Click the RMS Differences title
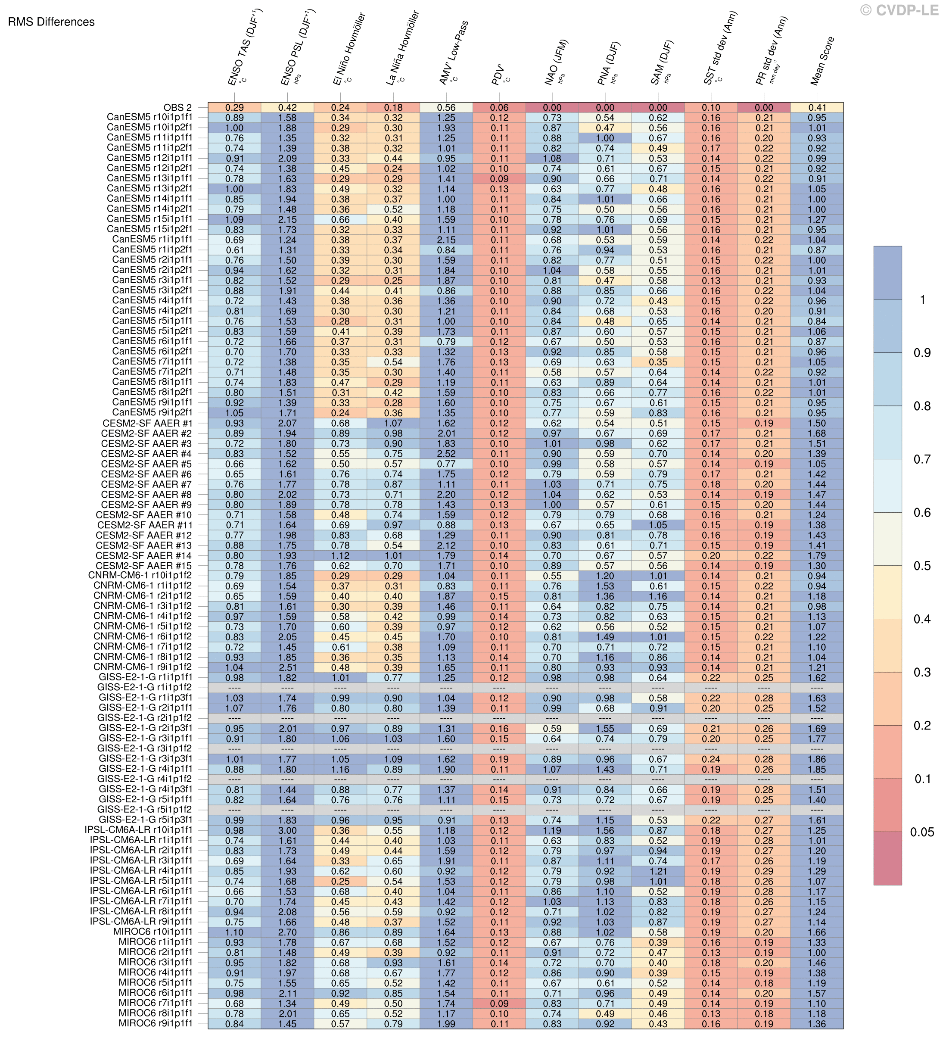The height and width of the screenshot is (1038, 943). [51, 22]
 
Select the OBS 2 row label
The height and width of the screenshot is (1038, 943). [177, 108]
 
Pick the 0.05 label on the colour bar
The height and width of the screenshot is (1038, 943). [922, 832]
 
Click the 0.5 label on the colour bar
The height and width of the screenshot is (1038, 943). [921, 566]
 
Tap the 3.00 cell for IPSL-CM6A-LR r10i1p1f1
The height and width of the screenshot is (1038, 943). [287, 830]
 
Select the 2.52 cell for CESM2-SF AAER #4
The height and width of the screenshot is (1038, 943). [446, 454]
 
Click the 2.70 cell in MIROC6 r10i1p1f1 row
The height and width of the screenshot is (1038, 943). [287, 932]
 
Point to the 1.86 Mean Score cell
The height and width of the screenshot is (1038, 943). [817, 759]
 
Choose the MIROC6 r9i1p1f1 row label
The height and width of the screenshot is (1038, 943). [156, 1024]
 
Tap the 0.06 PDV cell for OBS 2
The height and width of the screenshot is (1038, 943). [499, 108]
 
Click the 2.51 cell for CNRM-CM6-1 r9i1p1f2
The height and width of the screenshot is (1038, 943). [287, 667]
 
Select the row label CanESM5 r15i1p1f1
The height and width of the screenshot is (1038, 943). [149, 219]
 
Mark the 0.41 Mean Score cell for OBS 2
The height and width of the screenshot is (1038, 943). [817, 108]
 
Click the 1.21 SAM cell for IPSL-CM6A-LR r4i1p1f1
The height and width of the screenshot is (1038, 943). [658, 871]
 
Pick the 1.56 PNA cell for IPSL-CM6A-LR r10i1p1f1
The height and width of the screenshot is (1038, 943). [605, 830]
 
